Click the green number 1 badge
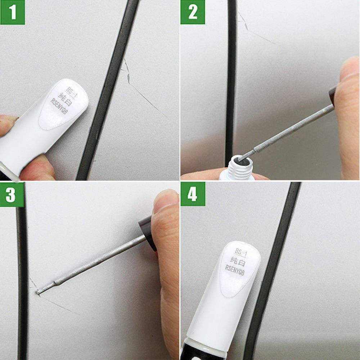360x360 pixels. (x=13, y=12)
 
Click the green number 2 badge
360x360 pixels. (x=193, y=12)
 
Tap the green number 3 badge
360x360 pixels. (x=12, y=194)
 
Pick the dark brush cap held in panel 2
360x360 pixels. (x=333, y=95)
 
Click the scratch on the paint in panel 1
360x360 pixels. (x=144, y=95)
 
